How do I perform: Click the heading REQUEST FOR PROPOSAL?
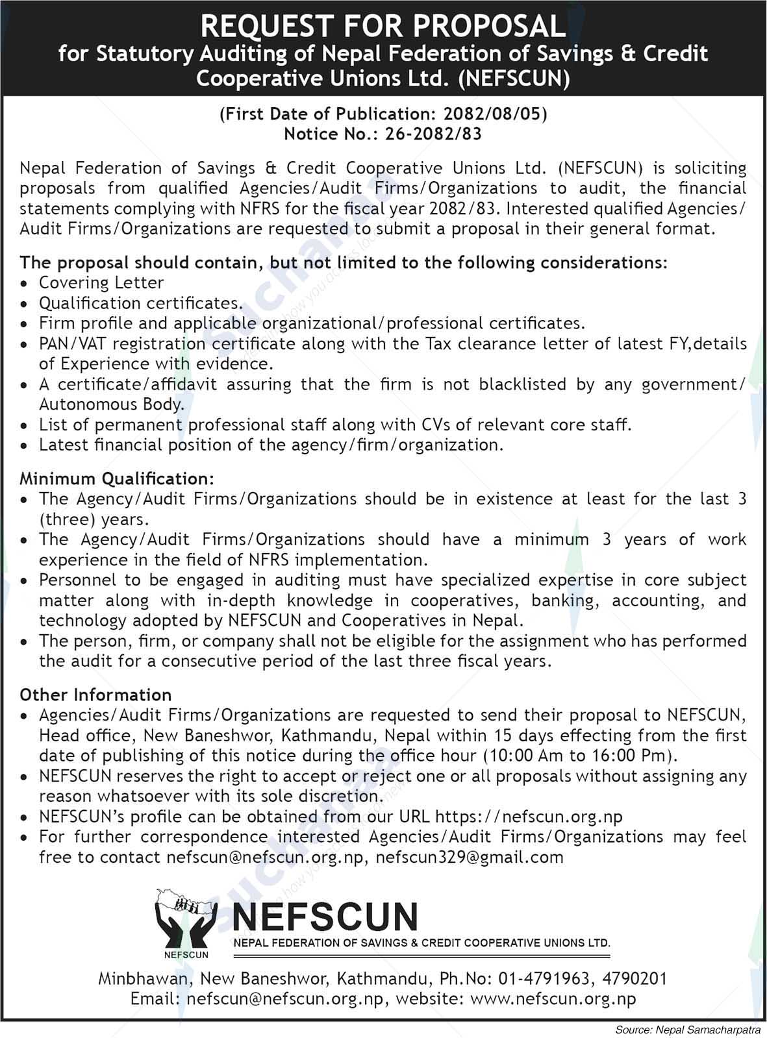point(383,26)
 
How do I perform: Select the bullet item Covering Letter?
point(101,283)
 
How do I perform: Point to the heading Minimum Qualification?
point(116,479)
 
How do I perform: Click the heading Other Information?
point(95,695)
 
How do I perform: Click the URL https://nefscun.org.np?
point(529,817)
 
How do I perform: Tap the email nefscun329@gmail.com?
point(470,857)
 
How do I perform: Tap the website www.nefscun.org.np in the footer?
point(553,999)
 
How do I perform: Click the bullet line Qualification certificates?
point(140,303)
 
